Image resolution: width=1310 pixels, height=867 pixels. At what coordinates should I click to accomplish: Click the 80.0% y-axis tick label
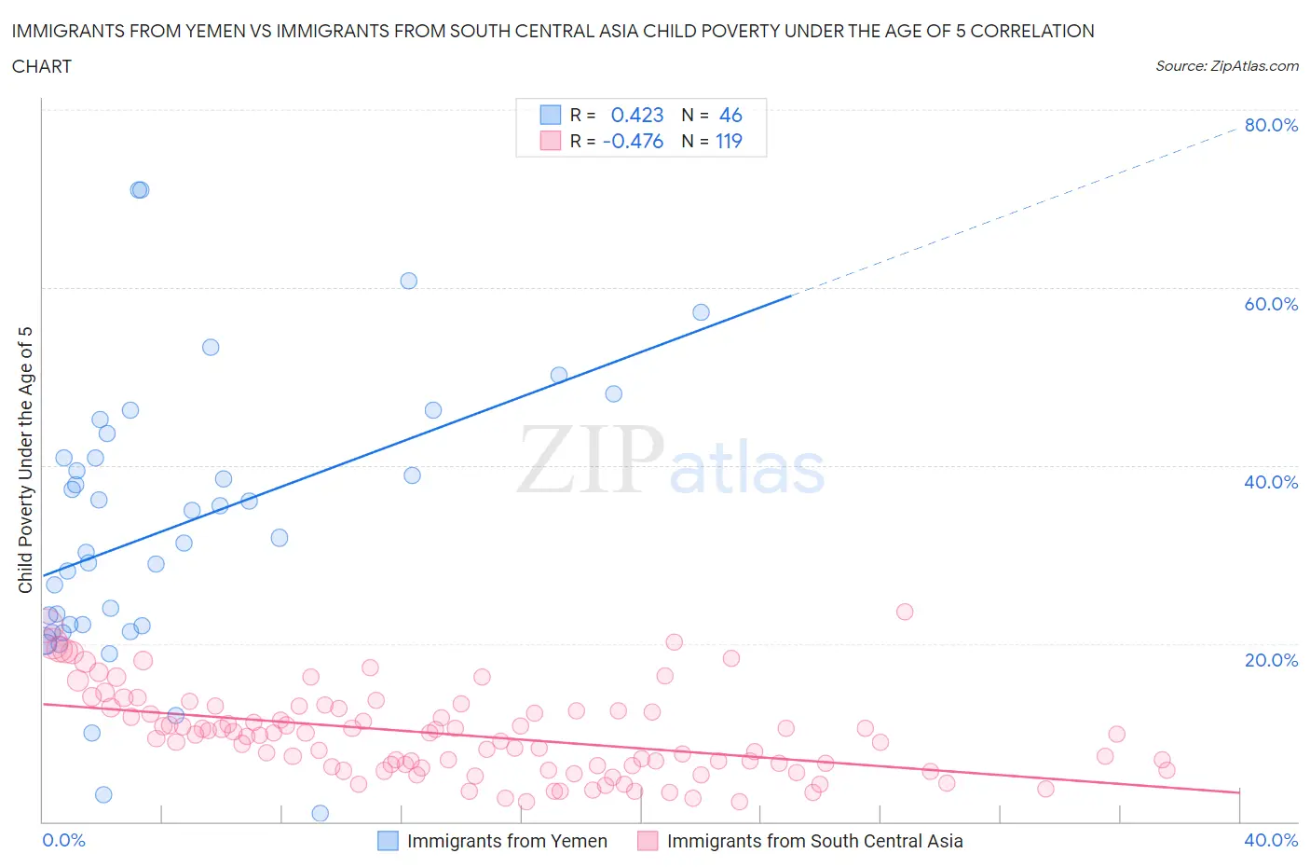click(x=1271, y=125)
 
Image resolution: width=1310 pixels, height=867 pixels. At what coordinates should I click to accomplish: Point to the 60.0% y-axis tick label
click(x=1271, y=304)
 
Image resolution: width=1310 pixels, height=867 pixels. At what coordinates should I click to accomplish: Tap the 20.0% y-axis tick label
click(x=1271, y=660)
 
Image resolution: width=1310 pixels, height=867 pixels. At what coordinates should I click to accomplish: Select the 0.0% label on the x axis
click(x=63, y=840)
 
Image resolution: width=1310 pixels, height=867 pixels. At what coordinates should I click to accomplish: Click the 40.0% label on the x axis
click(x=1271, y=840)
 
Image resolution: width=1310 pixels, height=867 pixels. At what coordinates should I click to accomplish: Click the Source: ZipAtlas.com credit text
click(x=1226, y=66)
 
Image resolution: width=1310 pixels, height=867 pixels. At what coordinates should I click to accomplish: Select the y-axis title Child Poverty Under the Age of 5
click(x=25, y=460)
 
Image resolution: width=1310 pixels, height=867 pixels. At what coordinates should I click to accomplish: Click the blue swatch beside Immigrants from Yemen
click(x=388, y=841)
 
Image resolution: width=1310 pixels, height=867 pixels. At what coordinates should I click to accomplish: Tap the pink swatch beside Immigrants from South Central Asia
click(x=648, y=841)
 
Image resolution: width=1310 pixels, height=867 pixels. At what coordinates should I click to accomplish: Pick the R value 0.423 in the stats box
click(x=637, y=115)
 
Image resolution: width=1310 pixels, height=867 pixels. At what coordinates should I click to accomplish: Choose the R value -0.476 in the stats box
click(x=633, y=141)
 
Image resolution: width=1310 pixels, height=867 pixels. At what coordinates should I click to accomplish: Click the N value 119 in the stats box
click(x=729, y=141)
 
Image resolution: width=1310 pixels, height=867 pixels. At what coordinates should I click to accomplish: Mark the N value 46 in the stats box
click(x=730, y=115)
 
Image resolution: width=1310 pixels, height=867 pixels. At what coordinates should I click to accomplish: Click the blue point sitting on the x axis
click(x=320, y=813)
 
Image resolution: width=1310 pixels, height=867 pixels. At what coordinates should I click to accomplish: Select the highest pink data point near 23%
click(x=905, y=612)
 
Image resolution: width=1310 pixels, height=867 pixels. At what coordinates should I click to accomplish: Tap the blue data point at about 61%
click(x=408, y=281)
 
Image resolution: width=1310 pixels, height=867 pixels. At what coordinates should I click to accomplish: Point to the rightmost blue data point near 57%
click(x=701, y=312)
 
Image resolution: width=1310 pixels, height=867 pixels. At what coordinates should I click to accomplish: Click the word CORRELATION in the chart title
click(x=1032, y=31)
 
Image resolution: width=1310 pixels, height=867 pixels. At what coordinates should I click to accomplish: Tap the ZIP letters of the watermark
click(x=591, y=460)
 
